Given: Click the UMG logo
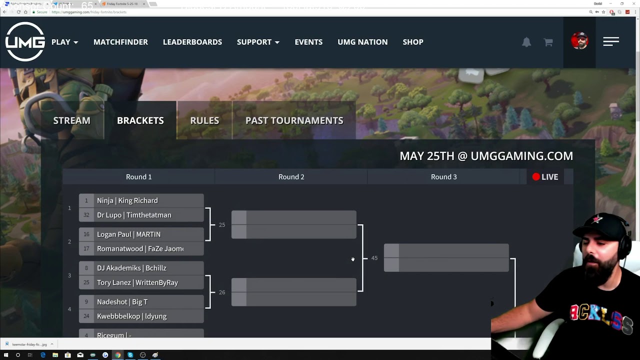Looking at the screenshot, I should coord(25,42).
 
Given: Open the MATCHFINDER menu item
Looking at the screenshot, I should coord(120,42).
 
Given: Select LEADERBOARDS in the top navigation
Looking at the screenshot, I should coord(192,42).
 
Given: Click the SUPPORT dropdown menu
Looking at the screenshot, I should coord(258,42).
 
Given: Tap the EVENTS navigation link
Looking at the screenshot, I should coord(308,42).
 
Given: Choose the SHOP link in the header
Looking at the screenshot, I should coord(413,42).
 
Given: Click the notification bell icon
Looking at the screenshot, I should coord(526,42).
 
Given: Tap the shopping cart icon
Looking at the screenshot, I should coord(548,42).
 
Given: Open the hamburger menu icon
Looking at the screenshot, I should coord(611,42).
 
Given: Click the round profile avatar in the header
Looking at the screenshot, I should coord(579,41).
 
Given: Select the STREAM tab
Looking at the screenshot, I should coord(72,120).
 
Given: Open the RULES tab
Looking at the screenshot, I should coord(204,120).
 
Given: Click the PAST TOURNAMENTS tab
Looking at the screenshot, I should coord(294,120).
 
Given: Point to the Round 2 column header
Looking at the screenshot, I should coord(291,177).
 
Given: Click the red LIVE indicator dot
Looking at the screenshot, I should coord(536,177).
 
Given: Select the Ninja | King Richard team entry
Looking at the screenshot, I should coord(141,200).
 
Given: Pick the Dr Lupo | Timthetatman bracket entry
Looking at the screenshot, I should coord(141,215).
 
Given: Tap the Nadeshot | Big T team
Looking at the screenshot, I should coord(141,302).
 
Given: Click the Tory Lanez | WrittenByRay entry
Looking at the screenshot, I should coord(141,282).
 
